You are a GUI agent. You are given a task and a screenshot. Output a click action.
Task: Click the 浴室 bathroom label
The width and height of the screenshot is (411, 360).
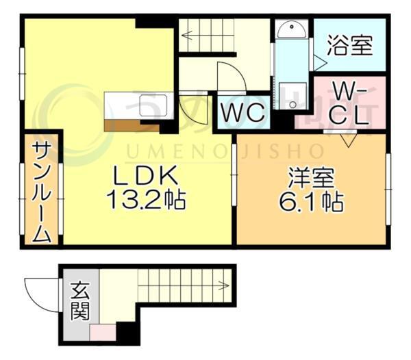(350, 47)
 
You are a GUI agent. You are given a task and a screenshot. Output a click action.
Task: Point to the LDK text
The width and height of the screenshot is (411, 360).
(146, 176)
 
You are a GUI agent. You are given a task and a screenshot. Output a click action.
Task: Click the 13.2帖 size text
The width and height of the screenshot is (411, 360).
(146, 201)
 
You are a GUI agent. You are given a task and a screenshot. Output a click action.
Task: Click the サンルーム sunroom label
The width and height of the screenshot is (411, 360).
(42, 192)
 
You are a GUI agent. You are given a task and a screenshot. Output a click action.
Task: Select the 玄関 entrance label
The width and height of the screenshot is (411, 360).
(79, 302)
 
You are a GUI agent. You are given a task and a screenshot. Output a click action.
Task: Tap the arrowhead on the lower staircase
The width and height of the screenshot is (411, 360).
(223, 282)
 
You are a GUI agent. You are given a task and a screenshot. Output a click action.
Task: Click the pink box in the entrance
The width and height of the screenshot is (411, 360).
(102, 333)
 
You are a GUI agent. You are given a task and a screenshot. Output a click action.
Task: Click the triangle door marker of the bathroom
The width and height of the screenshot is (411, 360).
(319, 62)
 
